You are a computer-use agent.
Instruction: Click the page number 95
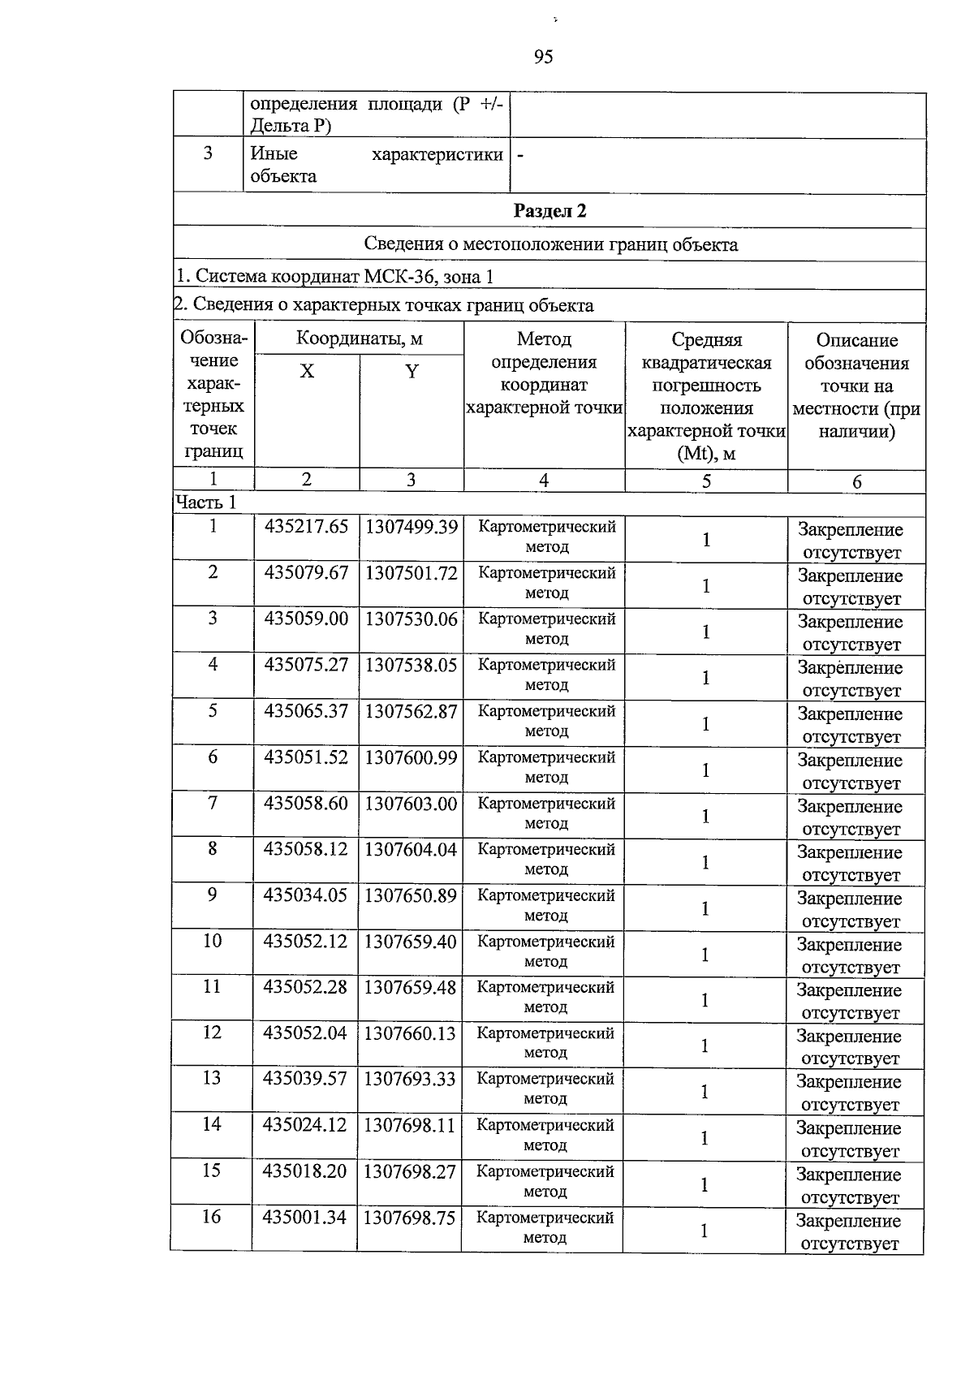(x=544, y=57)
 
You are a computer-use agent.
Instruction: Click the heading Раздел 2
(x=549, y=211)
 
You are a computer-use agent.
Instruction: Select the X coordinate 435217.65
(x=306, y=527)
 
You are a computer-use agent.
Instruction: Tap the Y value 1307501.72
(x=411, y=573)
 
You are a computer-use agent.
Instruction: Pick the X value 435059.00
(x=306, y=619)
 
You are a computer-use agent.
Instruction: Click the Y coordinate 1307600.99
(x=411, y=757)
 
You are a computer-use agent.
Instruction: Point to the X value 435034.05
(x=305, y=895)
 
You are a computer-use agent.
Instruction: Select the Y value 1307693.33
(x=410, y=1080)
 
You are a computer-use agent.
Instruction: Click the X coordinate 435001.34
(x=304, y=1218)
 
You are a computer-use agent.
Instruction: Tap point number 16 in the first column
(x=211, y=1217)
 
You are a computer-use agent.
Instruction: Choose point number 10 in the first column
(x=212, y=941)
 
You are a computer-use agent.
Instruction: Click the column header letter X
(x=307, y=372)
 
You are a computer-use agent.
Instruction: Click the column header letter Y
(x=412, y=372)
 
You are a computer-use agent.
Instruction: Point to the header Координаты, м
(x=359, y=338)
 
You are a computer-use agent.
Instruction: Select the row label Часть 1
(x=206, y=502)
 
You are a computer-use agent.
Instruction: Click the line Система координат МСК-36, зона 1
(x=334, y=277)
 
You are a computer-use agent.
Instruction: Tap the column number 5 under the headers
(x=706, y=481)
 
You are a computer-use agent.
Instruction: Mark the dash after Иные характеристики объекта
(x=520, y=154)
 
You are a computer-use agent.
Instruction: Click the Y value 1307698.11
(x=410, y=1126)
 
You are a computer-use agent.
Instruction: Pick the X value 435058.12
(x=305, y=849)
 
